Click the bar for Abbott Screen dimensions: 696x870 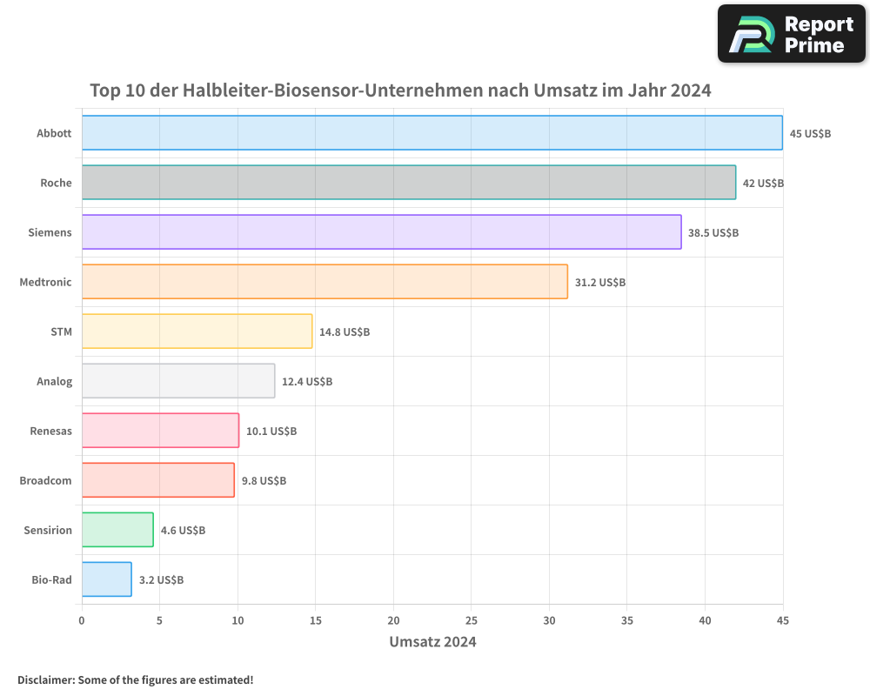click(432, 133)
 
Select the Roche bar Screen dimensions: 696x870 click(409, 183)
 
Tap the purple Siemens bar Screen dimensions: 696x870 click(381, 232)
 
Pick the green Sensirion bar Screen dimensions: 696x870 click(117, 530)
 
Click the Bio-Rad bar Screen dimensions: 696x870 click(106, 579)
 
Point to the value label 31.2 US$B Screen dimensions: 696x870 click(600, 283)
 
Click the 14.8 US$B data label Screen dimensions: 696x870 click(345, 332)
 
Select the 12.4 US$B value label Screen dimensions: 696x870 click(307, 382)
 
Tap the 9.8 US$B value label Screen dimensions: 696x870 click(264, 481)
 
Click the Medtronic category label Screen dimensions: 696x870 click(45, 283)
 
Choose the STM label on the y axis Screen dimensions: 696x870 click(61, 332)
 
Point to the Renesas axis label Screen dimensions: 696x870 click(50, 432)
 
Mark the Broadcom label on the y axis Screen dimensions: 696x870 click(45, 481)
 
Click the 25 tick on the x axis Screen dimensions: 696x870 click(472, 621)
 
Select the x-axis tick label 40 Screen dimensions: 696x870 click(705, 621)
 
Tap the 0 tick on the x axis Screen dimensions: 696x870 click(82, 621)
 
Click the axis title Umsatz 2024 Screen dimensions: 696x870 click(432, 643)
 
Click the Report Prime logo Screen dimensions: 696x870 click(791, 34)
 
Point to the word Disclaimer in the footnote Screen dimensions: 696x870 click(44, 680)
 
